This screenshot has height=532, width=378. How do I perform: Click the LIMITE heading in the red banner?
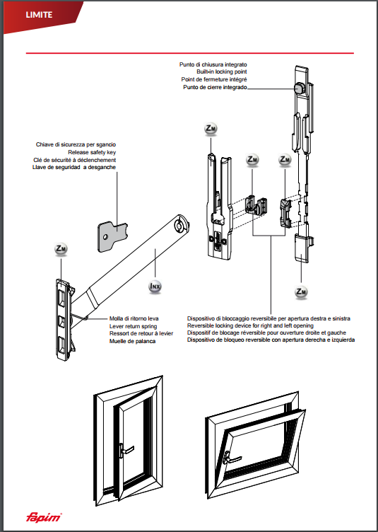click(x=39, y=15)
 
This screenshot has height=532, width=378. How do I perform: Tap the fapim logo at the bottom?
click(x=44, y=517)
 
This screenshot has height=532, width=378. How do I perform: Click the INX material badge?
click(x=155, y=287)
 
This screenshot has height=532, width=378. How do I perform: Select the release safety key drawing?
click(x=112, y=236)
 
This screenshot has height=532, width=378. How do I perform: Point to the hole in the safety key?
click(x=106, y=236)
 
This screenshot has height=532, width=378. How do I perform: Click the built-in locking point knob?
click(x=300, y=88)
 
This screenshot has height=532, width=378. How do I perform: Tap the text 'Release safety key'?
click(x=92, y=152)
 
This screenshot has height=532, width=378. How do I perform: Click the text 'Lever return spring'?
click(x=133, y=326)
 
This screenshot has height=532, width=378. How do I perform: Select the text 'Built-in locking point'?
click(x=222, y=72)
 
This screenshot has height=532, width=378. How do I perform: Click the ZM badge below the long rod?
click(x=301, y=291)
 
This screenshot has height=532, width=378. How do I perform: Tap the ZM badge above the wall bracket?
click(x=61, y=249)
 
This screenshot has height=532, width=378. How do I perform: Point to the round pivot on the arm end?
click(x=179, y=225)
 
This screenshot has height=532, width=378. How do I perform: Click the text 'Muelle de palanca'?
click(x=132, y=341)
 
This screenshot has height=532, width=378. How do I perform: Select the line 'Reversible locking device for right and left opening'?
click(x=250, y=325)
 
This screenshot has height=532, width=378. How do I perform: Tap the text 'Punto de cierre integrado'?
click(x=215, y=88)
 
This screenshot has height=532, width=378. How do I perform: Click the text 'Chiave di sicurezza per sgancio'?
click(x=76, y=145)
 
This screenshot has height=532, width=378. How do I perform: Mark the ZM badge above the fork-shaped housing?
click(x=211, y=129)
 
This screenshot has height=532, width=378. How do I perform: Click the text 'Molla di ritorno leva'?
click(x=134, y=319)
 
